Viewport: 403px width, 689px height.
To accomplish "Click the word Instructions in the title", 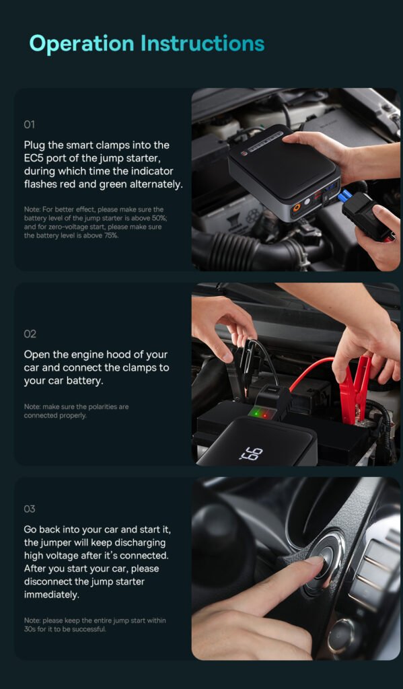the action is pyautogui.click(x=203, y=43).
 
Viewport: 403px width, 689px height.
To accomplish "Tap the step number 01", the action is pyautogui.click(x=29, y=124).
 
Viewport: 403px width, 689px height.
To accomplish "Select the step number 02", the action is pyautogui.click(x=30, y=334).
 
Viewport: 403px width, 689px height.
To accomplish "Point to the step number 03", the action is pyautogui.click(x=30, y=509).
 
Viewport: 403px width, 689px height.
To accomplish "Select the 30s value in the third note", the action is pyautogui.click(x=30, y=629).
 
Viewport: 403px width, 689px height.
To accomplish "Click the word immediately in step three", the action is pyautogui.click(x=52, y=595).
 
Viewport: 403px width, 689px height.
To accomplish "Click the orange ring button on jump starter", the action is pyautogui.click(x=297, y=207).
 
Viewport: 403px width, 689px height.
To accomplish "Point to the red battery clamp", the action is pyautogui.click(x=355, y=389).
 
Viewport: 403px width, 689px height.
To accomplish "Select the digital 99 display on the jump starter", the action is pyautogui.click(x=252, y=454).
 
